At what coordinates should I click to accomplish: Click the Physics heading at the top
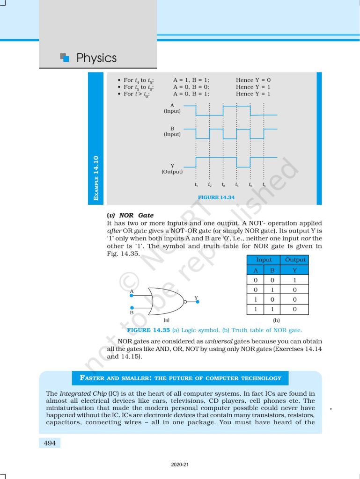coord(96,58)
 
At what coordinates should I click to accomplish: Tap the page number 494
coord(49,443)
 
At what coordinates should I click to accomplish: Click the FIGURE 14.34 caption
coord(216,197)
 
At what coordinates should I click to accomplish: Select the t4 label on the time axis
coord(236,185)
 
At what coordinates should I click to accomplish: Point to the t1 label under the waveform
coord(196,185)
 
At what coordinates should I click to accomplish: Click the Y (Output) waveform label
coord(172,168)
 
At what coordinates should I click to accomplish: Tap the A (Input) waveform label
coord(172,108)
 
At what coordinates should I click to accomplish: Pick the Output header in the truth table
coord(295,260)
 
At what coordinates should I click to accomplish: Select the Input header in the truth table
coord(264,260)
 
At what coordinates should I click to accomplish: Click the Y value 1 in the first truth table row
coord(295,280)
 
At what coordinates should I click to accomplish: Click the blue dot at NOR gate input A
coord(132,295)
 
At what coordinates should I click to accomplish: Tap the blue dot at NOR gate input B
coord(132,308)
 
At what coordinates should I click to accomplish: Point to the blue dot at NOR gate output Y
coord(198,302)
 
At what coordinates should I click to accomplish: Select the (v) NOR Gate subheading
coord(130,215)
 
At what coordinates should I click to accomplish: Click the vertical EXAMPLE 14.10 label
coord(96,180)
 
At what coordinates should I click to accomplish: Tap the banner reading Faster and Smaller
coord(180,378)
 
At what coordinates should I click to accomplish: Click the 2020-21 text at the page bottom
coord(180,465)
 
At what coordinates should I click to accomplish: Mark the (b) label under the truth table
coord(277,320)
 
